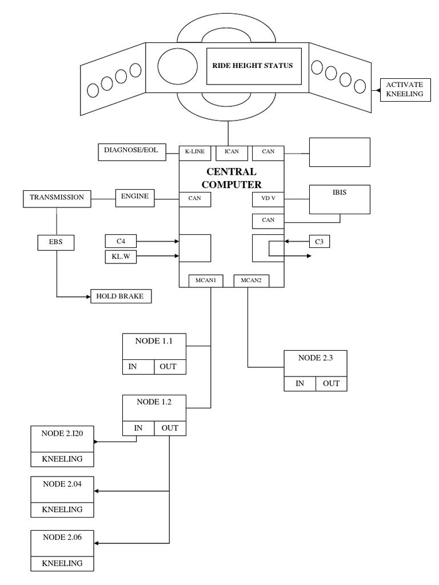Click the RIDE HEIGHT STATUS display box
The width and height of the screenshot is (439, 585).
(254, 66)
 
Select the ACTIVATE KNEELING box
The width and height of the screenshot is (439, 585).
(405, 90)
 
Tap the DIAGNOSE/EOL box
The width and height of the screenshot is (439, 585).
(132, 152)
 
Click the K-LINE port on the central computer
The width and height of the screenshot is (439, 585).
(195, 153)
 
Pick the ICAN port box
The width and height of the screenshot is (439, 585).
(232, 153)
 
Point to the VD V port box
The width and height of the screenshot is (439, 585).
(268, 199)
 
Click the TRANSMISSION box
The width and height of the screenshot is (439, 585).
(57, 199)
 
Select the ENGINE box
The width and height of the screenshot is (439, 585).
(135, 198)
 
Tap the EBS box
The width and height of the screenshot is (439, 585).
(56, 242)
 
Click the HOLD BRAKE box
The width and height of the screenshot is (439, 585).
(121, 296)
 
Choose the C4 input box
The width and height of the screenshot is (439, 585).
(121, 242)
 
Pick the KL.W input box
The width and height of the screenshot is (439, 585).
(121, 257)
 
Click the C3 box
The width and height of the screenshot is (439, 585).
(320, 242)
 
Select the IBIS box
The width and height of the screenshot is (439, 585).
(340, 199)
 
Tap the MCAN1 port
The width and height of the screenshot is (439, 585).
(206, 281)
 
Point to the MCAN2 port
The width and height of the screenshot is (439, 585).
(252, 281)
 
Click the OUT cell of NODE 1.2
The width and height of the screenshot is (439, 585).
(170, 428)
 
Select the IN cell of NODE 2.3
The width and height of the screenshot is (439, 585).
(300, 383)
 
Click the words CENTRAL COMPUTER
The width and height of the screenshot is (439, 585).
(232, 178)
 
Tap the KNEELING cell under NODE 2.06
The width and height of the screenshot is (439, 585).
(62, 563)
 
